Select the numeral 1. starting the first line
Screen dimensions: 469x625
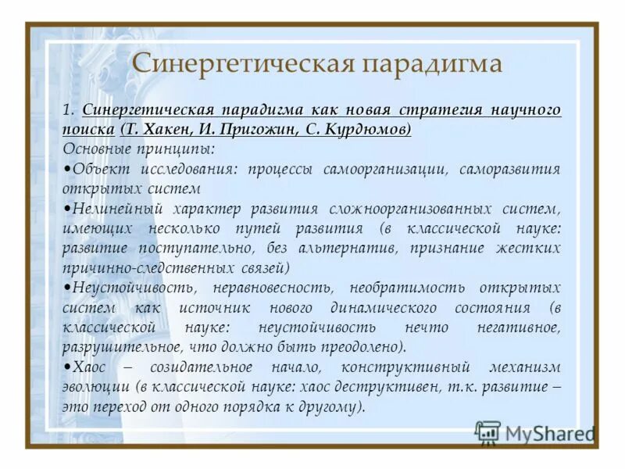(68, 109)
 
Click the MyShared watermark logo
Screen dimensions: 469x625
(535, 432)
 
